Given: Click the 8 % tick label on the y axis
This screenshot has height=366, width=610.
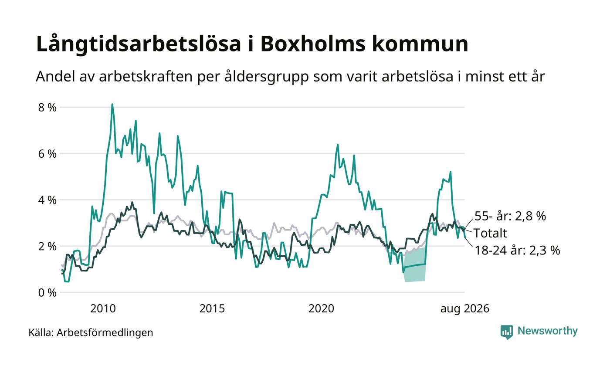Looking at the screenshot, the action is (47, 108).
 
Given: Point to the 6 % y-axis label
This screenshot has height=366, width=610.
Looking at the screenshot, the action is (47, 154).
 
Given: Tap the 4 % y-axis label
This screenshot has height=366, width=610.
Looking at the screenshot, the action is (47, 200).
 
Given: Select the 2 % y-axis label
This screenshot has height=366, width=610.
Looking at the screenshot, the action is (47, 247).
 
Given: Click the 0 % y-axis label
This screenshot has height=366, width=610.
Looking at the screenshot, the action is (47, 293).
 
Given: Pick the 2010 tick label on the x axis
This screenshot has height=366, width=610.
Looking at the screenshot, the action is (103, 308).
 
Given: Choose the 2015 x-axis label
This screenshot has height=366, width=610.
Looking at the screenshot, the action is (212, 308).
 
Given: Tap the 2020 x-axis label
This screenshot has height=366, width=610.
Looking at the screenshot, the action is (321, 308).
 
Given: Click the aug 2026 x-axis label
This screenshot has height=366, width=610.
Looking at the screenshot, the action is (465, 309).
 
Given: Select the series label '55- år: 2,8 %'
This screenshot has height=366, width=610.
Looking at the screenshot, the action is (510, 216).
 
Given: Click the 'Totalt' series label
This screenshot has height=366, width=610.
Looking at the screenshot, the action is (491, 233).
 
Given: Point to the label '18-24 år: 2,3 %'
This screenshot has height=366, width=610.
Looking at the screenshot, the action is (517, 250).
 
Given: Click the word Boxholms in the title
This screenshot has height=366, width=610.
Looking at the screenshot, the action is (313, 44).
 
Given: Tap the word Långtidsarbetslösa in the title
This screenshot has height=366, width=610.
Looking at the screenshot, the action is (139, 44).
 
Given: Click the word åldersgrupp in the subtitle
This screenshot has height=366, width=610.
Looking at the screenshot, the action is (266, 77).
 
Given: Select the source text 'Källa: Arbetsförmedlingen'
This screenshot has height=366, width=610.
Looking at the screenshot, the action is (91, 332).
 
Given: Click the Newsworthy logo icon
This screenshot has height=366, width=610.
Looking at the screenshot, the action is (506, 332).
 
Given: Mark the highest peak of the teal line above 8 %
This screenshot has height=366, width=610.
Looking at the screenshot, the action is (112, 104).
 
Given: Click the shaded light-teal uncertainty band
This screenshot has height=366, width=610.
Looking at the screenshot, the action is (415, 265).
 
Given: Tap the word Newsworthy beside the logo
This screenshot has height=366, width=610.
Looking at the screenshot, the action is (547, 331).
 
